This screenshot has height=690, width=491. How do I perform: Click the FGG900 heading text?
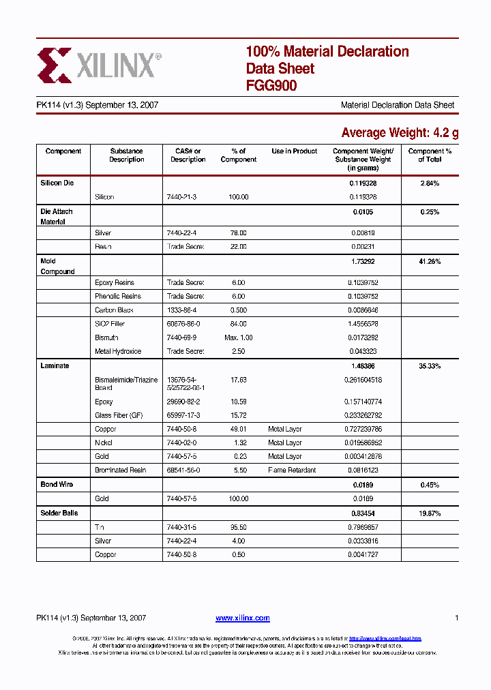271,86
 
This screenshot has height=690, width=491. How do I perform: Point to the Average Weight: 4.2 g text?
400,132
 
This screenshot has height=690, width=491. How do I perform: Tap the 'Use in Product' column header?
294,151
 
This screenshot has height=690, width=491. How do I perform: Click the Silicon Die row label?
57,183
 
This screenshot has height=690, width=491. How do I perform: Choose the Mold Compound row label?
58,266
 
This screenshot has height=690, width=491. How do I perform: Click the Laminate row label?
55,366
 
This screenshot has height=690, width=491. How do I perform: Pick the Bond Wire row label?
57,484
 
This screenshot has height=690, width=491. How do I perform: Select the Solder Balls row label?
59,513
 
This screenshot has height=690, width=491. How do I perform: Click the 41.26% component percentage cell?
430,261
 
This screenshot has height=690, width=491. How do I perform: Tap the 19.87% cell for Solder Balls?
430,513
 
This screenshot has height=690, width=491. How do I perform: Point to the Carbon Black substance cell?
114,310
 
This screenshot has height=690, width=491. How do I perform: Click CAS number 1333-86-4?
182,310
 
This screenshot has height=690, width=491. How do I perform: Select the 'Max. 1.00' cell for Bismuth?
238,337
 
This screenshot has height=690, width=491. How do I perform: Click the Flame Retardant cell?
292,470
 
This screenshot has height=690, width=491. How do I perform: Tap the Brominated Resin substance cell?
120,470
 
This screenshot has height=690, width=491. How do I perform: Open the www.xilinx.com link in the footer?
242,618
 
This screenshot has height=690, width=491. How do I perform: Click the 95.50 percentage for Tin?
238,527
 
